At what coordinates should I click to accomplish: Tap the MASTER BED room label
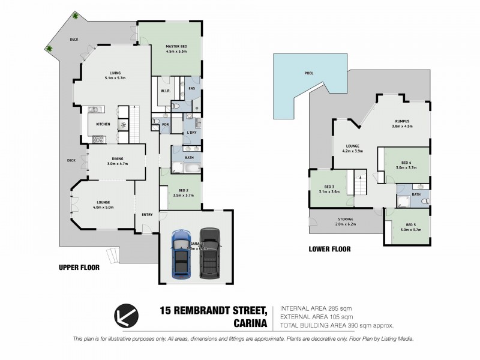tap(178, 46)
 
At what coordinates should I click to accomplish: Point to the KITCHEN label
tap(103, 125)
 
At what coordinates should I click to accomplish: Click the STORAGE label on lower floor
tap(344, 220)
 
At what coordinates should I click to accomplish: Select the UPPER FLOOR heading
tap(79, 268)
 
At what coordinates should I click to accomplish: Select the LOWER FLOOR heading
tap(329, 248)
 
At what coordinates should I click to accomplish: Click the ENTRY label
tap(146, 214)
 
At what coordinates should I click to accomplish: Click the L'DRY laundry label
tap(192, 132)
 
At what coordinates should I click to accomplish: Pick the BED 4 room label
tap(406, 163)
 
